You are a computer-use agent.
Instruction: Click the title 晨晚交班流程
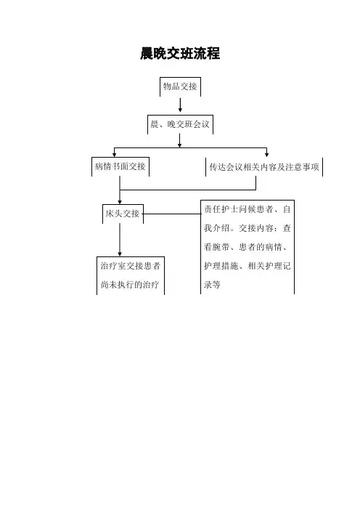coord(180,54)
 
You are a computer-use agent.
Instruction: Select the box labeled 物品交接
coord(180,87)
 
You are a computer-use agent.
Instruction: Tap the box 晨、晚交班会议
coord(180,124)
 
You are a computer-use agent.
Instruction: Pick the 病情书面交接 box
coord(120,167)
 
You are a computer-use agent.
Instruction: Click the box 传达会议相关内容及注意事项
coord(264,167)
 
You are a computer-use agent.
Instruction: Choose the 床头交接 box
coord(123,214)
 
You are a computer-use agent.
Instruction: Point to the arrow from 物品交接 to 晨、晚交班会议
coord(180,105)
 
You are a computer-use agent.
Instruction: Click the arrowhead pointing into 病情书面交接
coord(115,154)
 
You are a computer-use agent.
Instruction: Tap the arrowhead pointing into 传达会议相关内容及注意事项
coord(267,154)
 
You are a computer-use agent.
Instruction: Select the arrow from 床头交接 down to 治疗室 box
coord(120,240)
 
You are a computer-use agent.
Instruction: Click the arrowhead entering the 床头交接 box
coord(120,202)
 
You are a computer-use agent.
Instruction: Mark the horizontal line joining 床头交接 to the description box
coord(172,214)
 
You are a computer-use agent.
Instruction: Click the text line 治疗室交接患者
coord(131,266)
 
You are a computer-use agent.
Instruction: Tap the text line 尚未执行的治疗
coord(130,285)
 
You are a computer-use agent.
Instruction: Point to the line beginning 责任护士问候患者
coord(247,209)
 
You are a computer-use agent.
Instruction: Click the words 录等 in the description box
coord(212,285)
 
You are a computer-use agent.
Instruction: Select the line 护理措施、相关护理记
coord(247,266)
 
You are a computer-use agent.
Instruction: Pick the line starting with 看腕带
coord(245,247)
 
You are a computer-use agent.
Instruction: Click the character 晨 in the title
coord(147,54)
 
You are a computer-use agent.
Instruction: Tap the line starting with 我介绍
coord(247,228)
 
